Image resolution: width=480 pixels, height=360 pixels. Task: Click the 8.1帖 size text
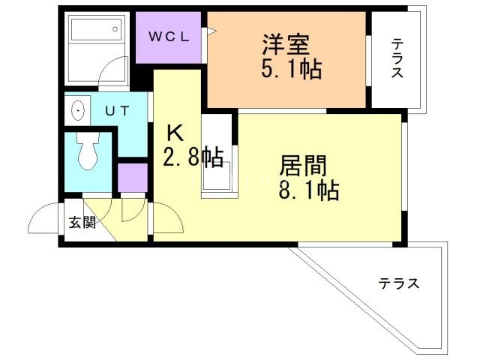pyautogui.click(x=308, y=190)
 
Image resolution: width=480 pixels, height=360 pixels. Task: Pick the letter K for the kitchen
pyautogui.click(x=174, y=133)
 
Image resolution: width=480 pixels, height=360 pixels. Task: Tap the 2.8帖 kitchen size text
pyautogui.click(x=193, y=157)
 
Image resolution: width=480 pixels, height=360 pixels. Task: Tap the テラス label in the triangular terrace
pyautogui.click(x=398, y=284)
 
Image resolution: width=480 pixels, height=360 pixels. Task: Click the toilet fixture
pyautogui.click(x=87, y=154)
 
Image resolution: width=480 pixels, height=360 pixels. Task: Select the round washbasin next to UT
pyautogui.click(x=76, y=111)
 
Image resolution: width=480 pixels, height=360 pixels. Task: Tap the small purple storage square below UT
pyautogui.click(x=133, y=178)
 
